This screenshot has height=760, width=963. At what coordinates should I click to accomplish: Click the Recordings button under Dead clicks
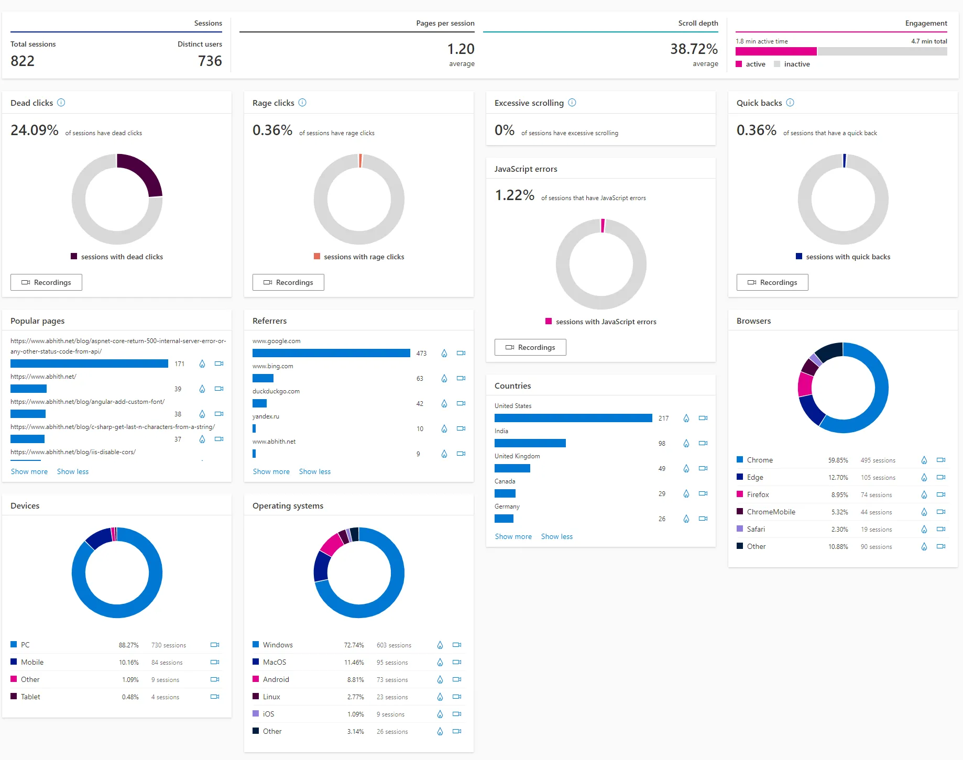[x=46, y=282]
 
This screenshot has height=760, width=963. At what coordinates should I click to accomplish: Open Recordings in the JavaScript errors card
[x=530, y=347]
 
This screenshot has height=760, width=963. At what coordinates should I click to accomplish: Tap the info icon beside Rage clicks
[x=302, y=103]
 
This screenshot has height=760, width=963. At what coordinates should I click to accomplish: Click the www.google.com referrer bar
[x=331, y=353]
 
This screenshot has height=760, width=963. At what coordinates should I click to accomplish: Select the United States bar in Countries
[x=573, y=418]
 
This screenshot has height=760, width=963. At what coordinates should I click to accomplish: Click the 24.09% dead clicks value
[x=35, y=130]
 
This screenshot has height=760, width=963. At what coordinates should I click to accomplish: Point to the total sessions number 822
[x=23, y=61]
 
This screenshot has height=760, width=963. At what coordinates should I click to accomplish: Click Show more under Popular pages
[x=29, y=471]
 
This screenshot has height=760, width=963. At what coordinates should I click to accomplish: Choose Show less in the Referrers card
[x=315, y=471]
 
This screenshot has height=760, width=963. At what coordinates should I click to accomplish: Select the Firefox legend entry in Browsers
[x=758, y=494]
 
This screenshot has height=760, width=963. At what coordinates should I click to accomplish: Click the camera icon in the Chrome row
[x=941, y=460]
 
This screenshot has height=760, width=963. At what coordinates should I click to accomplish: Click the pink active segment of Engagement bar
[x=776, y=51]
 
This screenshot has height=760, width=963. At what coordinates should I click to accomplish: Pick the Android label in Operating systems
[x=276, y=679]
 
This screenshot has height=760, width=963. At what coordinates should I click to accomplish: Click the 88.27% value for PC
[x=129, y=645]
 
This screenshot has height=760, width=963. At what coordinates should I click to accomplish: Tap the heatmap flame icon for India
[x=686, y=443]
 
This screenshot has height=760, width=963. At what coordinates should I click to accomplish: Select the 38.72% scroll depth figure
[x=694, y=49]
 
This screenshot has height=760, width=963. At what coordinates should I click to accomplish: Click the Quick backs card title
[x=759, y=103]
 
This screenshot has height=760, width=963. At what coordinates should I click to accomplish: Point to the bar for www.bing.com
[x=263, y=378]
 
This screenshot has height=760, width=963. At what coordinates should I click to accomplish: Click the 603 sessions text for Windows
[x=394, y=645]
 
